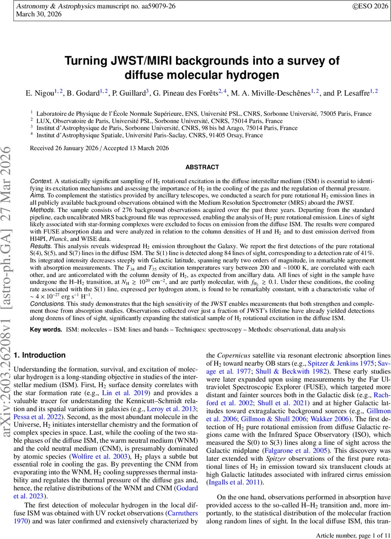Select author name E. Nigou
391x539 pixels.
(38, 93)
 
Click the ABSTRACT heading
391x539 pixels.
(202, 168)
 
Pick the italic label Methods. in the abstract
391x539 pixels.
(42, 210)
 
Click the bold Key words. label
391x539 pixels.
(45, 330)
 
